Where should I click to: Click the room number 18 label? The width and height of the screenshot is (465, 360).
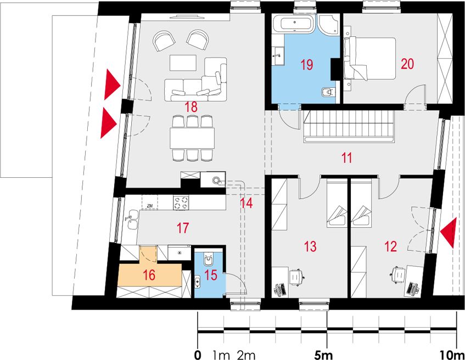click(191, 107)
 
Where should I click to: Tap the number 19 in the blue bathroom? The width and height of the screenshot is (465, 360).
click(307, 64)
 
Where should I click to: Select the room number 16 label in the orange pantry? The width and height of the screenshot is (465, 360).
click(149, 275)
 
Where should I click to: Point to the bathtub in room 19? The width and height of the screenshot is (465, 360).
click(293, 24)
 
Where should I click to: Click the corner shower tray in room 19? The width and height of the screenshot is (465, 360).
click(329, 25)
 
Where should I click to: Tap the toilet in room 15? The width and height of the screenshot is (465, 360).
click(208, 259)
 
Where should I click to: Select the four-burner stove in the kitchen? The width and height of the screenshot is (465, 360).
click(181, 203)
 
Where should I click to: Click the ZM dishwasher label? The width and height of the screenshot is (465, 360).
click(149, 205)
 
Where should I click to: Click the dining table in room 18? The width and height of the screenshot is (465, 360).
click(192, 138)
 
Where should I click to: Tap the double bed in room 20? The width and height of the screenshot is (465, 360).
click(370, 58)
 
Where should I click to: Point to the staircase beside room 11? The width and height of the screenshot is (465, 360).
click(349, 127)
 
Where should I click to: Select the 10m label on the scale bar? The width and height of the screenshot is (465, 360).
click(452, 355)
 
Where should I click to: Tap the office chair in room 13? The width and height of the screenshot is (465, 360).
click(296, 277)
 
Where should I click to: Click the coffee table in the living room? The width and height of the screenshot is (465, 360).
click(183, 63)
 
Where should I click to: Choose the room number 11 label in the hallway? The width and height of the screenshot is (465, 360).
click(346, 157)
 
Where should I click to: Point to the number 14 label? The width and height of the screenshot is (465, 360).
click(246, 203)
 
